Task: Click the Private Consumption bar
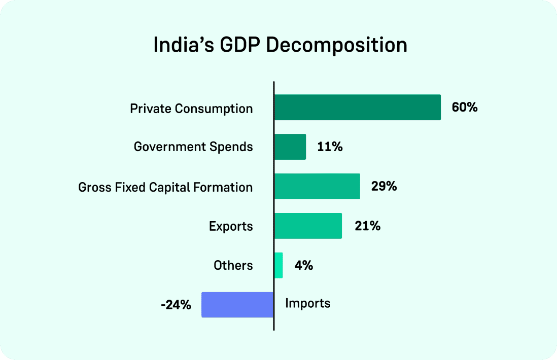pyautogui.click(x=357, y=107)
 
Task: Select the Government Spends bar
pyautogui.click(x=290, y=147)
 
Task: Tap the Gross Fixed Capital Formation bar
pyautogui.click(x=317, y=187)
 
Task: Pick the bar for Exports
pyautogui.click(x=308, y=226)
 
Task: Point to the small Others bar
pyautogui.click(x=278, y=266)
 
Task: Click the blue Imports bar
pyautogui.click(x=237, y=305)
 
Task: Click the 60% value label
pyautogui.click(x=465, y=107)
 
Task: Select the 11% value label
pyautogui.click(x=330, y=147)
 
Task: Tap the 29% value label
pyautogui.click(x=384, y=187)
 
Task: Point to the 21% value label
pyautogui.click(x=368, y=226)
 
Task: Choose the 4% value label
pyautogui.click(x=303, y=266)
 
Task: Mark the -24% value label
pyautogui.click(x=176, y=305)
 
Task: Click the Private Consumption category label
pyautogui.click(x=191, y=109)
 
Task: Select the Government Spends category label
pyautogui.click(x=193, y=147)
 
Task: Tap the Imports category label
pyautogui.click(x=307, y=304)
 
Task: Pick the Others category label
pyautogui.click(x=233, y=266)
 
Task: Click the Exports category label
pyautogui.click(x=231, y=226)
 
